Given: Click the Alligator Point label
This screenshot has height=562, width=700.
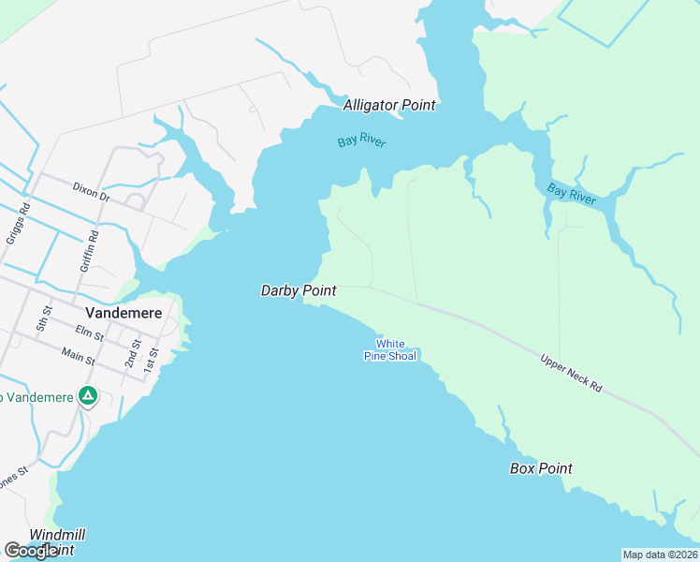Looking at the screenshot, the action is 389,105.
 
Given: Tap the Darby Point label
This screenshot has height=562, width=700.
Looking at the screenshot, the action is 298,291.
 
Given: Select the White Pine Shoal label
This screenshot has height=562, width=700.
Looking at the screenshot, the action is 390,350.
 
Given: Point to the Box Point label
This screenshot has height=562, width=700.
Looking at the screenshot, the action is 541,468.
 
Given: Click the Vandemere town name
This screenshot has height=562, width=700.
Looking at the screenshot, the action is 124,313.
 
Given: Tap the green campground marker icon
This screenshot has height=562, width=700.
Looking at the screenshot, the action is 88,396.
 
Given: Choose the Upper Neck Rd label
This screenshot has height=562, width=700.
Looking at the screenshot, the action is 571,372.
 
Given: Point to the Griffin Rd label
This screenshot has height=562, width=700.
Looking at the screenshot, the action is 88,250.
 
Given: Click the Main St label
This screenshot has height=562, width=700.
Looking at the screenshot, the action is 78,356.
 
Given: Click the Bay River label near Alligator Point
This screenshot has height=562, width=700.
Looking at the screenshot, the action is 361,142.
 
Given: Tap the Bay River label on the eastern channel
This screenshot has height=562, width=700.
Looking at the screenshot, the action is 572,194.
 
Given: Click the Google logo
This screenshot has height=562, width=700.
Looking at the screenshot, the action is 32,551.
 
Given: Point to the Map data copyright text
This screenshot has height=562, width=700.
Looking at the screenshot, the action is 661,555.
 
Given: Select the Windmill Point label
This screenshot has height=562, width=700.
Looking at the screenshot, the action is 57,541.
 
